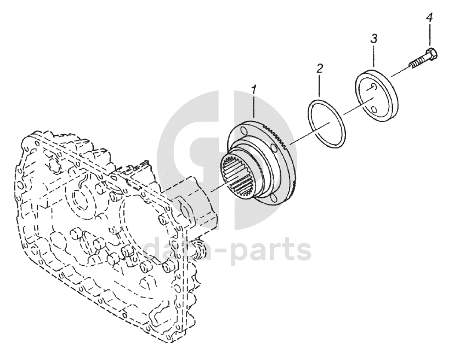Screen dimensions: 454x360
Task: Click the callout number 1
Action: pyautogui.click(x=253, y=89)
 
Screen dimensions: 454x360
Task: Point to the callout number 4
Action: pyautogui.click(x=429, y=18)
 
